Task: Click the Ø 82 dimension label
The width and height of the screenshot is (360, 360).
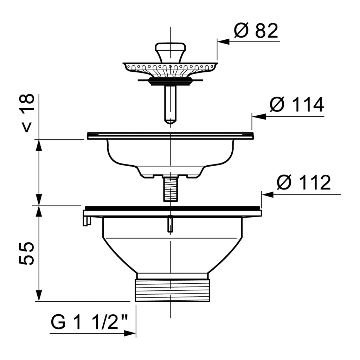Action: (x=256, y=31)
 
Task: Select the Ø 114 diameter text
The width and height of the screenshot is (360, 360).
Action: (x=297, y=105)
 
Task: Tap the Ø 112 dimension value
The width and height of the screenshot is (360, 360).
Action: (x=304, y=182)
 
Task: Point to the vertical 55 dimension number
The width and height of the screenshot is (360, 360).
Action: (x=26, y=253)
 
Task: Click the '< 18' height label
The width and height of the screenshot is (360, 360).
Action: (x=27, y=113)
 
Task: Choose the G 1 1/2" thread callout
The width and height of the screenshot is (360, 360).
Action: (x=89, y=322)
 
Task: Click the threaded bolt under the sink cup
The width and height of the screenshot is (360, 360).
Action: (x=170, y=188)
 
